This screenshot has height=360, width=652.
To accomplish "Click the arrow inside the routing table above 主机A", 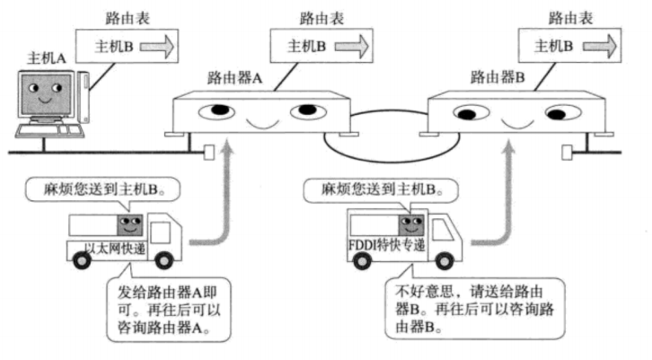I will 165,44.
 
